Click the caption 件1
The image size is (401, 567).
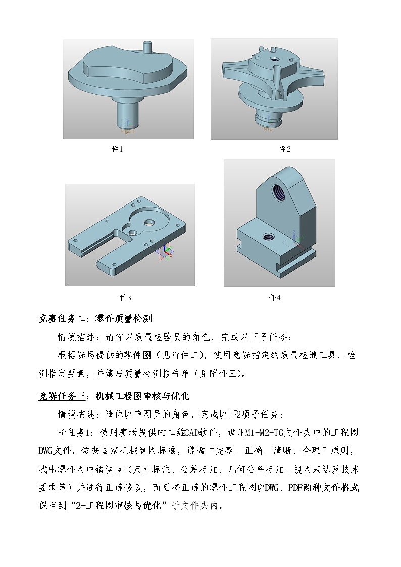click(117, 149)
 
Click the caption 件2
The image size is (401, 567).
click(285, 149)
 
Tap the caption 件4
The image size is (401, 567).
click(275, 297)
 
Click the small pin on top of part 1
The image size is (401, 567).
click(147, 46)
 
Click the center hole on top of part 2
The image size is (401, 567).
click(274, 59)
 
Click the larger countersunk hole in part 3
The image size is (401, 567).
click(149, 222)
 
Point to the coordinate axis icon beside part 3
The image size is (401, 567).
click(168, 251)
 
